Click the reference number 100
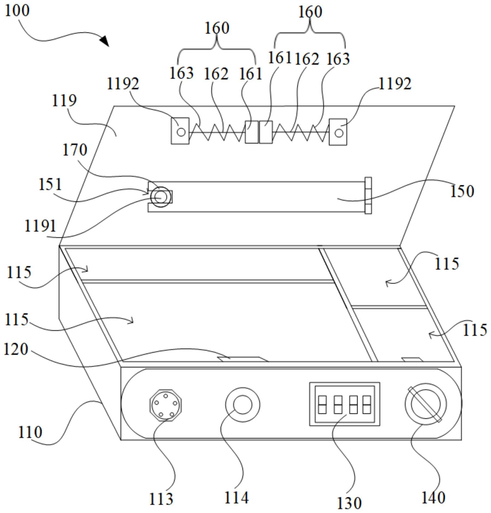17,11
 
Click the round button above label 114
242,405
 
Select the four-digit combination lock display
344,404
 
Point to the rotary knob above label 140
425,404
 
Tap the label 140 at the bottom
433,498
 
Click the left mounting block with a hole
180,131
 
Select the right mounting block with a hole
338,132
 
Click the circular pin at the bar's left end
161,197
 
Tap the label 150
462,191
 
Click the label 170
75,150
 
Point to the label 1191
40,226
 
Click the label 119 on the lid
64,101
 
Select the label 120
16,349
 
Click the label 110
30,432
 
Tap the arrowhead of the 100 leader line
105,41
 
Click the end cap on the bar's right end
368,196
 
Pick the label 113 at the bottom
161,499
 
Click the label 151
50,184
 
